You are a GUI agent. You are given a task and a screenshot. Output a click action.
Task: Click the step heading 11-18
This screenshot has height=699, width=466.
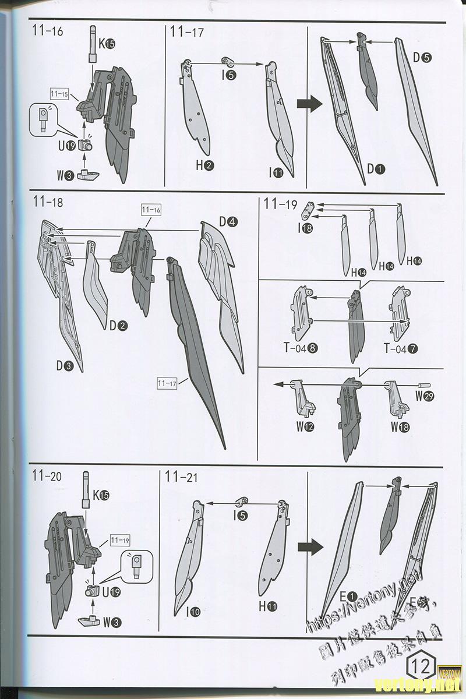(48, 203)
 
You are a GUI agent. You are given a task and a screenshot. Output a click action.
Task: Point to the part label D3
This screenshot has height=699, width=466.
(65, 366)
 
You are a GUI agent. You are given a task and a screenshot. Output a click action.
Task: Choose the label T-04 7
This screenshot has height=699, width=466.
(400, 348)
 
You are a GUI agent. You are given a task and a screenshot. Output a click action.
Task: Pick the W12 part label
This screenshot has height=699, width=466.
(305, 426)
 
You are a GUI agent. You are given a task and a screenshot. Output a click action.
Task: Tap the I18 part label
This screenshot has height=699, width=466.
(305, 228)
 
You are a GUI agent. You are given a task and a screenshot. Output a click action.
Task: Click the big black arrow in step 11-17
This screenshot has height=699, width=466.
(309, 105)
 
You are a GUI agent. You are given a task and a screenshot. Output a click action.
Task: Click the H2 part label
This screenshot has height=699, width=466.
(204, 165)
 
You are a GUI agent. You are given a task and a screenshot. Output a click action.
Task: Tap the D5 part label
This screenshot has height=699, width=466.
(422, 58)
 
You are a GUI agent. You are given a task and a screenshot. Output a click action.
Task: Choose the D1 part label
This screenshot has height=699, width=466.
(376, 170)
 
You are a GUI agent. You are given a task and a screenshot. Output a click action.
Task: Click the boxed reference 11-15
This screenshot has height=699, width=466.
(59, 94)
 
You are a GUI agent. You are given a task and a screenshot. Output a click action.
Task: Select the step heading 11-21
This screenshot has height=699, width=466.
(181, 477)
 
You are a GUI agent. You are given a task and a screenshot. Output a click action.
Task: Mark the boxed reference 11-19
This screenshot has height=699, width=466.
(118, 540)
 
